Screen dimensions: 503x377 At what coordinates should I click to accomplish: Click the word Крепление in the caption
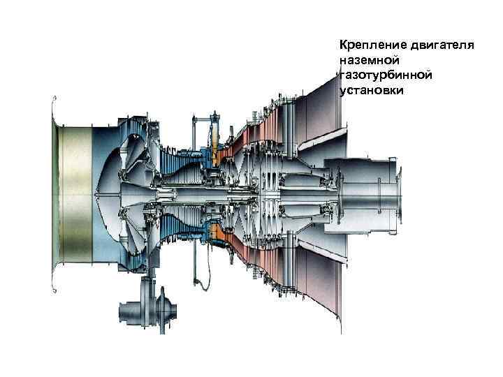click(x=367, y=45)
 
